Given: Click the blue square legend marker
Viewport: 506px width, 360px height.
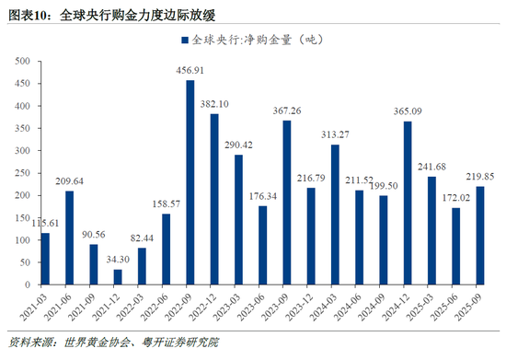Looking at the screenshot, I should (184, 41).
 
